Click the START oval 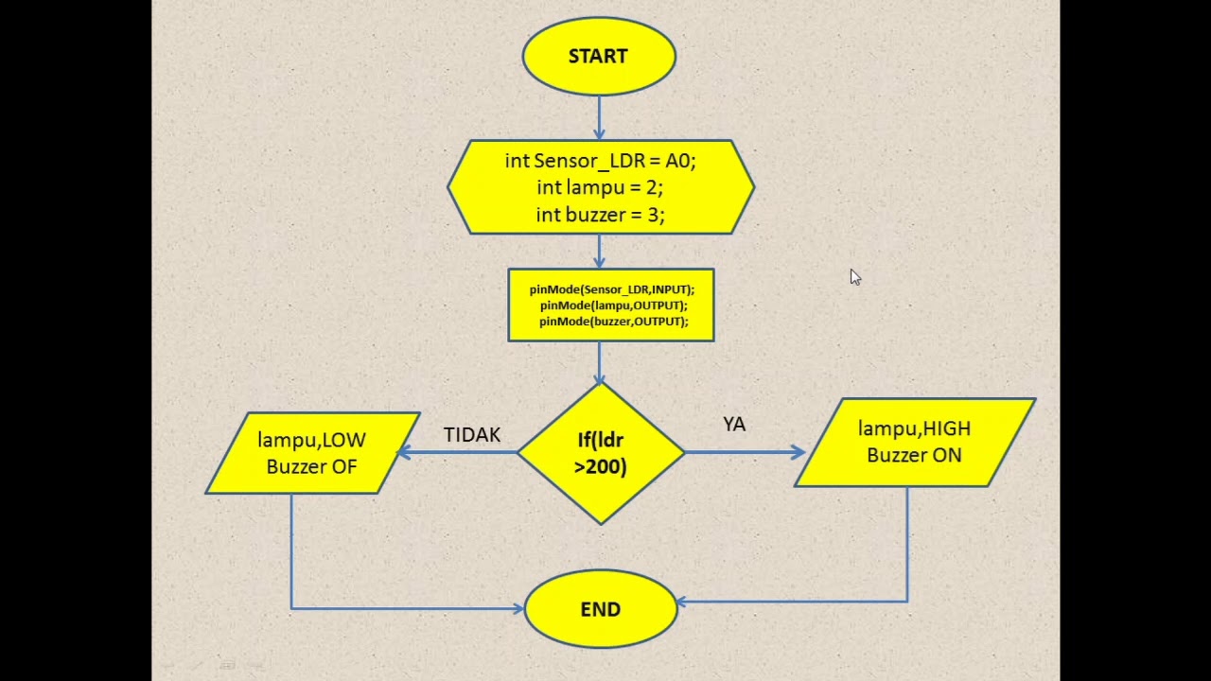[x=599, y=56]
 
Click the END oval [x=601, y=609]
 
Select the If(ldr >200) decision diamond [x=601, y=453]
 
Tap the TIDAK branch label [x=472, y=435]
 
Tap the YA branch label [x=734, y=425]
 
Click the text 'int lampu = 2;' [x=600, y=187]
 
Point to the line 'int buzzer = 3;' [x=600, y=215]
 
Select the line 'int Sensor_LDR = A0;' [x=600, y=161]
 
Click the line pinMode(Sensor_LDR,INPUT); [x=611, y=289]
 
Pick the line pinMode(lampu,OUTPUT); [x=614, y=306]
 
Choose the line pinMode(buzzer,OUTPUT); [x=614, y=322]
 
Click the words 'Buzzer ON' [x=914, y=455]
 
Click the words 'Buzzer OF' [x=311, y=466]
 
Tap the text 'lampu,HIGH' [x=914, y=428]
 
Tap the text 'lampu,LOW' [x=311, y=440]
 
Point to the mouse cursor [x=854, y=277]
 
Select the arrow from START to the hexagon [x=599, y=118]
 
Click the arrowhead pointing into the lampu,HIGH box [x=799, y=452]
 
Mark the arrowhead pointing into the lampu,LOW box [x=404, y=452]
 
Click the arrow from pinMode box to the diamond [x=599, y=363]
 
